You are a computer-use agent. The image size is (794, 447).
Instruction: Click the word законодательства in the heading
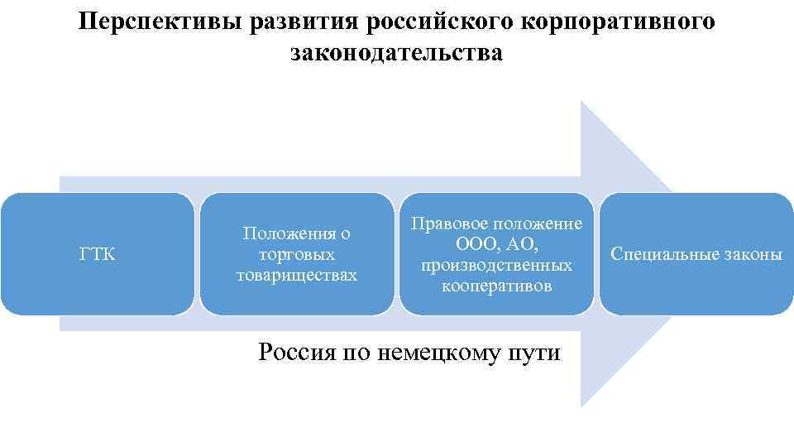point(396,53)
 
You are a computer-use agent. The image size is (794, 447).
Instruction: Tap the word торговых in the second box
point(297,254)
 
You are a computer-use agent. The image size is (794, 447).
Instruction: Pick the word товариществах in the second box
point(297,275)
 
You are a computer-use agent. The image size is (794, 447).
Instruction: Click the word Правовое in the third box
point(452,223)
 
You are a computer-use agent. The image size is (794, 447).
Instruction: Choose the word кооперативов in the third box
point(496,286)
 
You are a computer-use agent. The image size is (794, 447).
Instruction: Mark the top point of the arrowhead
point(581,102)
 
